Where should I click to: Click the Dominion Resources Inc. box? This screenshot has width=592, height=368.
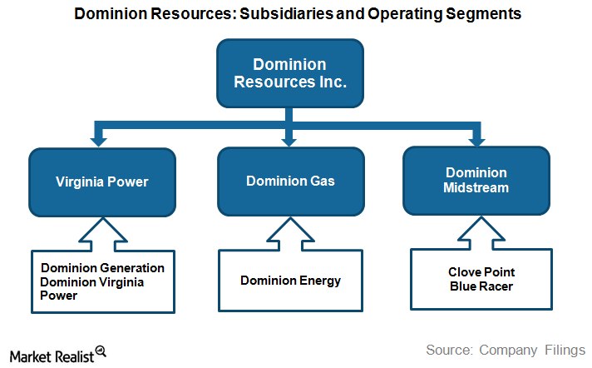pos(289,73)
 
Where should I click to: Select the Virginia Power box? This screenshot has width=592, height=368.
pos(102,180)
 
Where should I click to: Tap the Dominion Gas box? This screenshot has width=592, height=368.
pos(290,180)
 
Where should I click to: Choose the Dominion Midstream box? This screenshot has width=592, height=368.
pos(476,180)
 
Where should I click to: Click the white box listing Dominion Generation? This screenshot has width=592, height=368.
pos(102,282)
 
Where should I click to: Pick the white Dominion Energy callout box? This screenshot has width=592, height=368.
pos(290,281)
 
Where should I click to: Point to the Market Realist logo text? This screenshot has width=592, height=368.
pos(50,353)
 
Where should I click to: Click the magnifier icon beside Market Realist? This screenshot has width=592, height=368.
pos(101,351)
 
